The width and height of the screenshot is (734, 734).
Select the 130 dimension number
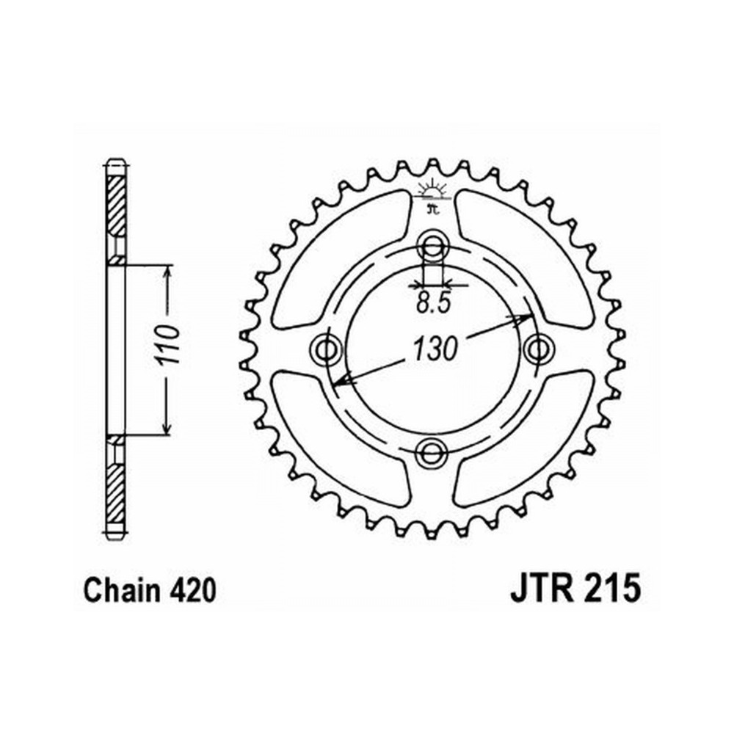pos(435,349)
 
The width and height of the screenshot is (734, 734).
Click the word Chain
pos(121,591)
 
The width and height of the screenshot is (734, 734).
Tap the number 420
pos(190,591)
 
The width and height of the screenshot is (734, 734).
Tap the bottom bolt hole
pos(432,453)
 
